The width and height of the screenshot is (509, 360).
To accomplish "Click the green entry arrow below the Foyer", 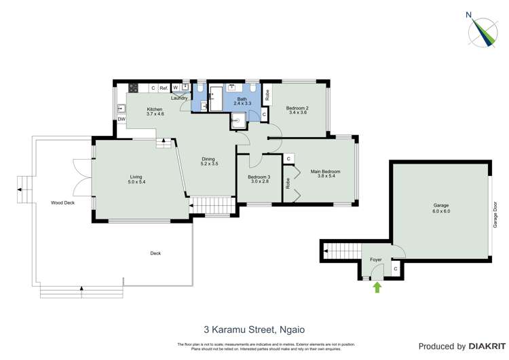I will point(377,287).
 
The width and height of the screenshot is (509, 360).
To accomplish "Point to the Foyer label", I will point(375,259).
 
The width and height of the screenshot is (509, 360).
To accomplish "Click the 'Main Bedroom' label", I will point(325,172).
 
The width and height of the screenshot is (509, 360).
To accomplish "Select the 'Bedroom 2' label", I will point(297,109).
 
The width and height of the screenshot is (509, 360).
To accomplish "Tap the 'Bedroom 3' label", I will point(259,178).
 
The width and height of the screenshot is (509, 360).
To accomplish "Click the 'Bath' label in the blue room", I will point(242,100).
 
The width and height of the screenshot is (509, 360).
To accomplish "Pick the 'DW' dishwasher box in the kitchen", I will point(121,120).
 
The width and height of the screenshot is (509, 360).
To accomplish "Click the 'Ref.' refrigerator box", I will point(164,88).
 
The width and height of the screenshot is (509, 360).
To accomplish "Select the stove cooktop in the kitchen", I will point(133,88).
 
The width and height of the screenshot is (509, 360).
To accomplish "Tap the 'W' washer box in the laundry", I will point(175,88).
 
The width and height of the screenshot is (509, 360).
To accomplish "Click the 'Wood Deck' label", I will point(62,202).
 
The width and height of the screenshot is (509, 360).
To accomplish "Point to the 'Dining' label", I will point(209,160).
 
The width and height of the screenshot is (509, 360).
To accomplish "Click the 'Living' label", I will point(136,178).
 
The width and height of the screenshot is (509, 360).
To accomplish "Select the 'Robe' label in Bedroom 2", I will point(267,95).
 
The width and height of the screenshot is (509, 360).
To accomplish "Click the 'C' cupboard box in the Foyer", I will point(396,270).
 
